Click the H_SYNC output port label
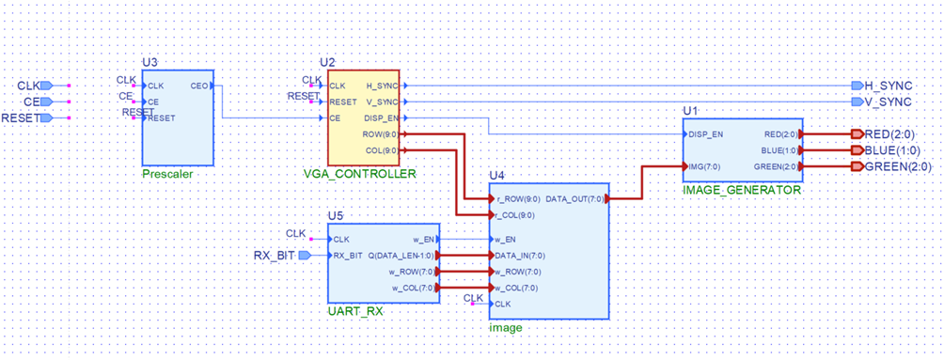[888, 86]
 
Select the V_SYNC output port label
[888, 102]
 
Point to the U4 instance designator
[497, 175]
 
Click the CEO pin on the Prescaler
[199, 86]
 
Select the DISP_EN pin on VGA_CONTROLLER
[381, 118]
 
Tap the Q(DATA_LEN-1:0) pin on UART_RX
[400, 255]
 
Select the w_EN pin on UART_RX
[423, 239]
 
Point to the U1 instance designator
[690, 111]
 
